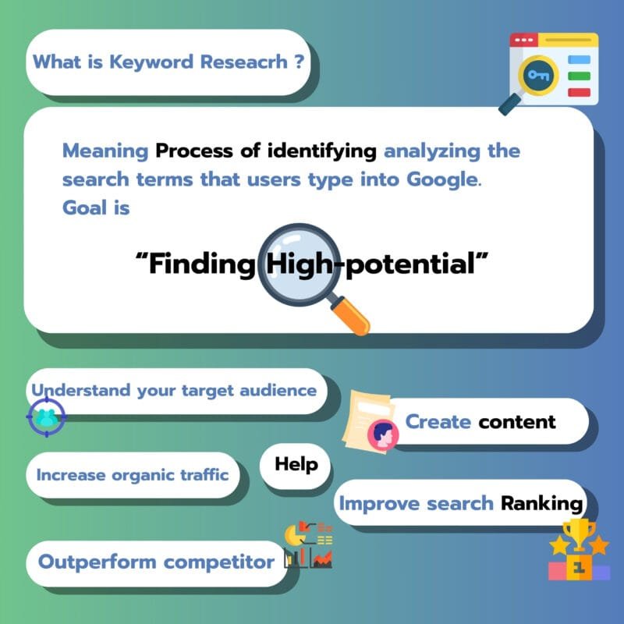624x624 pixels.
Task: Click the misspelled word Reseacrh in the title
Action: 243,62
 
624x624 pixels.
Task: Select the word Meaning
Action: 105,151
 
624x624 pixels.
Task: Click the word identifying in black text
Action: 321,151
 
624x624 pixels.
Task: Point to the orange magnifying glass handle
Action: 349,315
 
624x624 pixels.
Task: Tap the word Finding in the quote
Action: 202,263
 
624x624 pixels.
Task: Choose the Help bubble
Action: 296,466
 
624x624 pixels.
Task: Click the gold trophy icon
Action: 579,534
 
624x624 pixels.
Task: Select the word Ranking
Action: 541,504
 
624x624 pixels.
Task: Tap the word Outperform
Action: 97,562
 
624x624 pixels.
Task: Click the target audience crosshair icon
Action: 47,417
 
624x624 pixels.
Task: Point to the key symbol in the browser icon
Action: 538,75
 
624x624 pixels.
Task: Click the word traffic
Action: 204,474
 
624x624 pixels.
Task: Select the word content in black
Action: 517,422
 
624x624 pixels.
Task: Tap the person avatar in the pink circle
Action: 383,434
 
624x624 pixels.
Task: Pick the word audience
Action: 278,391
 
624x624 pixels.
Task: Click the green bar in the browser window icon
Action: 579,76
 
